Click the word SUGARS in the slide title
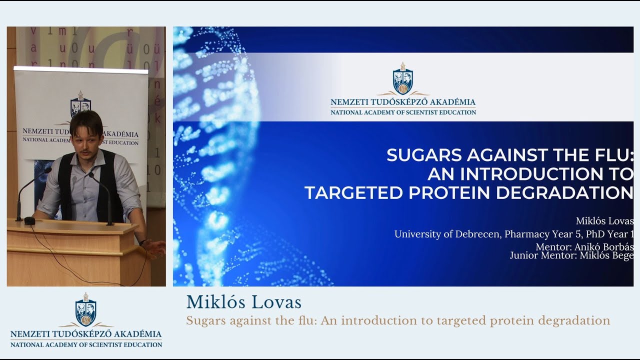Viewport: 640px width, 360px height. [424, 155]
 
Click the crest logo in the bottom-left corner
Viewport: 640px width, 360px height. [86, 310]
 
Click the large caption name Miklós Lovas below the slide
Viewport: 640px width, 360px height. [243, 302]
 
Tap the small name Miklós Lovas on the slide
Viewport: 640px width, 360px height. [604, 221]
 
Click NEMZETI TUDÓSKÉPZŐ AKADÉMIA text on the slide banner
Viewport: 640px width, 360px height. [403, 102]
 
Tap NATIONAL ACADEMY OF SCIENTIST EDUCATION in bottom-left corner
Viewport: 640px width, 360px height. [86, 344]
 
